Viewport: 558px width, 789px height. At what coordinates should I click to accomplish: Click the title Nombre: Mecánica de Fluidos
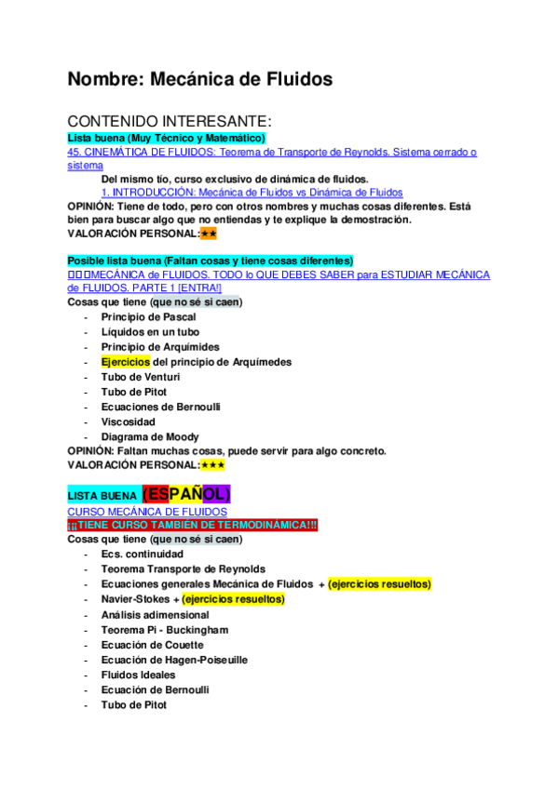[199, 80]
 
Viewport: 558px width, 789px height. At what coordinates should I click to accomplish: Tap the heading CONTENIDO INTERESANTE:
[169, 122]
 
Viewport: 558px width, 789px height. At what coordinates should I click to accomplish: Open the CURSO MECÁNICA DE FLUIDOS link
[147, 512]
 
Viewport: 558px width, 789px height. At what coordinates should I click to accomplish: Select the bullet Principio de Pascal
[146, 317]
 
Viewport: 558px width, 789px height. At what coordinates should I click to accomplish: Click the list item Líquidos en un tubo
[150, 332]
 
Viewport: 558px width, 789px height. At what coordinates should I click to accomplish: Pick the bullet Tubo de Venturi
[141, 377]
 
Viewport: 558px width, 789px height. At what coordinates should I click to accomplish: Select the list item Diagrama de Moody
[149, 436]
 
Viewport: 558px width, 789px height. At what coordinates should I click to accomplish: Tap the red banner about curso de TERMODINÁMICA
[193, 526]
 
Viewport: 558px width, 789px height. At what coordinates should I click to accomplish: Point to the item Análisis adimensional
[155, 615]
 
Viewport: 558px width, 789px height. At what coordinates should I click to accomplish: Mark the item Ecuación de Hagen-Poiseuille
[174, 660]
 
